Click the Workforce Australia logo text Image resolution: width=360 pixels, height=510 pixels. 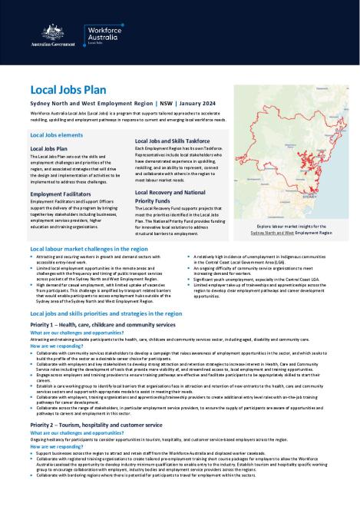pyautogui.click(x=107, y=33)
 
